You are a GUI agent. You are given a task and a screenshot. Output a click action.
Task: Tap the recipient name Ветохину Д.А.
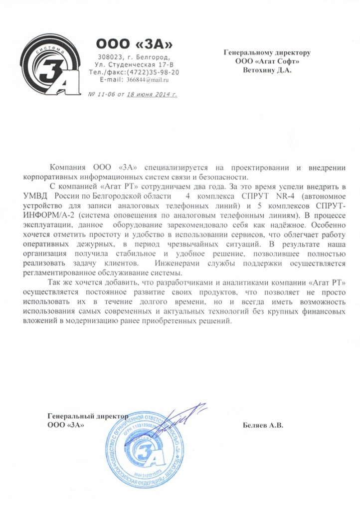tap(267, 70)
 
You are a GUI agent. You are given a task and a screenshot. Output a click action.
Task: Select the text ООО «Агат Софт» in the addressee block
tap(267, 61)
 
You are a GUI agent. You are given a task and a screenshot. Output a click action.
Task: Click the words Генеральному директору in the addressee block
tap(267, 52)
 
